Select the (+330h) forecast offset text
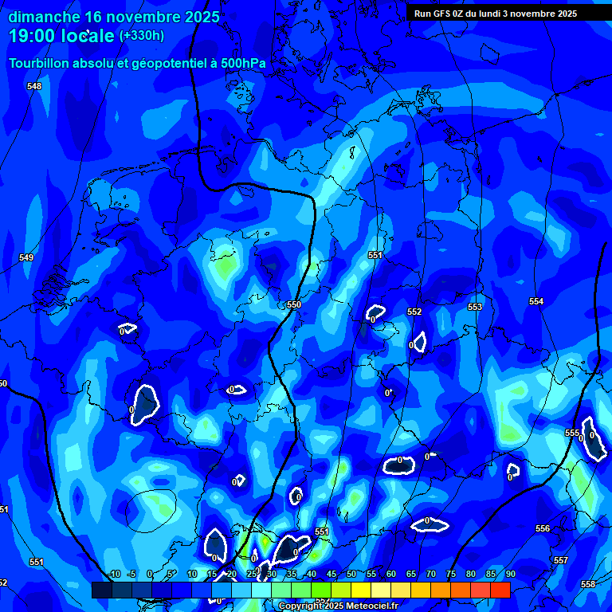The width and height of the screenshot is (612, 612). pyautogui.click(x=142, y=36)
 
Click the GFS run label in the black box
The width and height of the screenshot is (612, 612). pyautogui.click(x=495, y=14)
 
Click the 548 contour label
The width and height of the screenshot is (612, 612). pyautogui.click(x=34, y=86)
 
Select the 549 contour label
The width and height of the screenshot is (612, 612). pyautogui.click(x=26, y=257)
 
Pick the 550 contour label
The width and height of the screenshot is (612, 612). pyautogui.click(x=294, y=305)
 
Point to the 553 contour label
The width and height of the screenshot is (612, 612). pyautogui.click(x=475, y=307)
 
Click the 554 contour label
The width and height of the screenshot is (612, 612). pyautogui.click(x=536, y=301)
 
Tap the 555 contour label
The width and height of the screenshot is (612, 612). pyautogui.click(x=572, y=433)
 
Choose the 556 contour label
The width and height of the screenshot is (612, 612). pyautogui.click(x=543, y=528)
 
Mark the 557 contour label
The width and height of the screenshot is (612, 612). pyautogui.click(x=561, y=560)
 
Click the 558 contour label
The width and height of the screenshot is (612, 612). pyautogui.click(x=588, y=584)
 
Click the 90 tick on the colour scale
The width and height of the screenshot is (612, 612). pyautogui.click(x=510, y=574)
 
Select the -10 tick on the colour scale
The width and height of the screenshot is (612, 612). pyautogui.click(x=114, y=574)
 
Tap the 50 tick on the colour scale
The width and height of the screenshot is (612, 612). pyautogui.click(x=351, y=574)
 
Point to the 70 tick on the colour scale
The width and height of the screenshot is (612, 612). pyautogui.click(x=431, y=574)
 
